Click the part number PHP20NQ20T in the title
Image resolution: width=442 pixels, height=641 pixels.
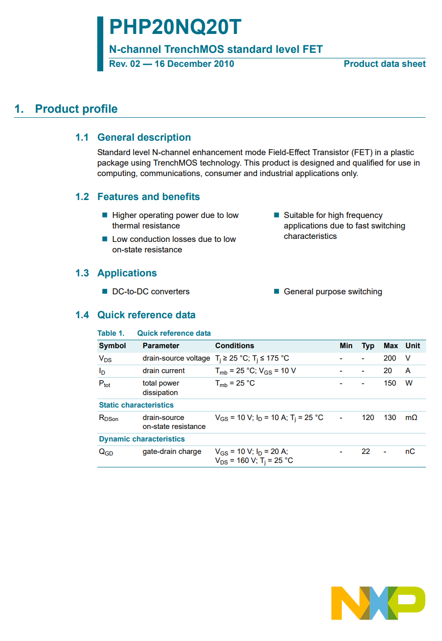[x=175, y=27]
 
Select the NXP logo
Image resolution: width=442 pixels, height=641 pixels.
[x=378, y=603]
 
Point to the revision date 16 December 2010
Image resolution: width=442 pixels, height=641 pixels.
[x=194, y=64]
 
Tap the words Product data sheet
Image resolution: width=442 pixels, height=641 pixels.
[x=385, y=64]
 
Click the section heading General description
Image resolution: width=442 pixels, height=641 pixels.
[x=144, y=138]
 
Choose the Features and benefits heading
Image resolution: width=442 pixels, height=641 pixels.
[x=148, y=197]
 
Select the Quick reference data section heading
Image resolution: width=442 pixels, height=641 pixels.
[x=146, y=315]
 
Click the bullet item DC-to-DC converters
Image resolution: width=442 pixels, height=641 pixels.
[x=151, y=292]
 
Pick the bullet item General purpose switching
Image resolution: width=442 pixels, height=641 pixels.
[x=333, y=292]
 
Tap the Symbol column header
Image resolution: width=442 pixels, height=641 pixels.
[x=112, y=346]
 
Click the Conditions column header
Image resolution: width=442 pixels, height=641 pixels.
[x=234, y=346]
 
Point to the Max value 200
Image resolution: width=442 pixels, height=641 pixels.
[x=390, y=358]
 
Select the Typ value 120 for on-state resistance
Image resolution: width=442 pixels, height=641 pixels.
[x=368, y=418]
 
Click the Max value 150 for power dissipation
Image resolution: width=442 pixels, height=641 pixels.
[x=390, y=383]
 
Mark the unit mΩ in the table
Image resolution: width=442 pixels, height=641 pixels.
[x=411, y=418]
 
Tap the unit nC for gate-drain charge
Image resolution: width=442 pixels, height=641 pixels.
[x=410, y=451]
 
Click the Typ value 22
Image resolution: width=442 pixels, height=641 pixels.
[x=366, y=451]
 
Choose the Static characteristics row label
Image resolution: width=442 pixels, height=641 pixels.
[x=136, y=405]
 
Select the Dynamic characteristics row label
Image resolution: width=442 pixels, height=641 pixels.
[x=142, y=439]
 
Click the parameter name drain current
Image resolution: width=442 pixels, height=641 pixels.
[x=164, y=371]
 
